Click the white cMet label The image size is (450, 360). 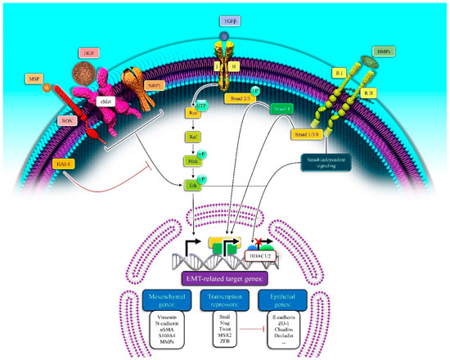106,102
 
